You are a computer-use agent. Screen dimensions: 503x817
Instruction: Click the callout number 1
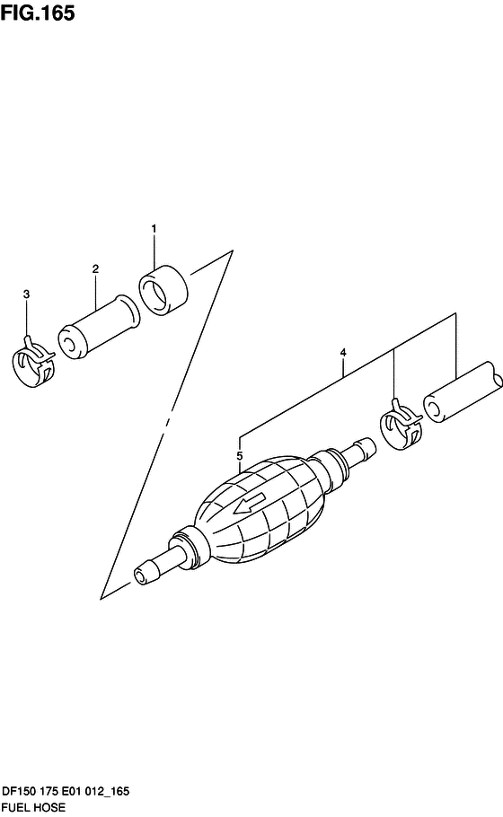[154, 229]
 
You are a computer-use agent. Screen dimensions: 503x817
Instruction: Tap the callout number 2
[95, 268]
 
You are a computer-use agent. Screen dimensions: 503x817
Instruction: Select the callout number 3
[27, 294]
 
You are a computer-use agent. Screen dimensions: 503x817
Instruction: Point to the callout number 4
[343, 353]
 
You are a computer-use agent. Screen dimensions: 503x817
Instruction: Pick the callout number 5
[240, 456]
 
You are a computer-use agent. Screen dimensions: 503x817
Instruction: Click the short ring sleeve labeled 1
[163, 290]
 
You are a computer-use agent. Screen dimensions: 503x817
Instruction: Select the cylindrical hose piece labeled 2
[99, 327]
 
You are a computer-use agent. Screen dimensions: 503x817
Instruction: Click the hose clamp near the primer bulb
[401, 425]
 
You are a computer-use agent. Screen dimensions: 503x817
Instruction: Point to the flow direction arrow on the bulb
[250, 503]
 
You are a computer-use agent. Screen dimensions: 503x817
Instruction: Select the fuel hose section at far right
[463, 391]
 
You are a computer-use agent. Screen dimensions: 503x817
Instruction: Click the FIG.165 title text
[38, 13]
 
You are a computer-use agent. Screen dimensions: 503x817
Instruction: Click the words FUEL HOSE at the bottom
[34, 807]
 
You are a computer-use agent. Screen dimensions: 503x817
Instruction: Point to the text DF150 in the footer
[19, 792]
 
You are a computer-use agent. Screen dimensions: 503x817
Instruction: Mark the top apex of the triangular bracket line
[233, 250]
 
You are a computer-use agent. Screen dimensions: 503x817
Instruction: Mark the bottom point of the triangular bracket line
[101, 599]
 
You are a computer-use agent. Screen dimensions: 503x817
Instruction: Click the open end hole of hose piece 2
[68, 343]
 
